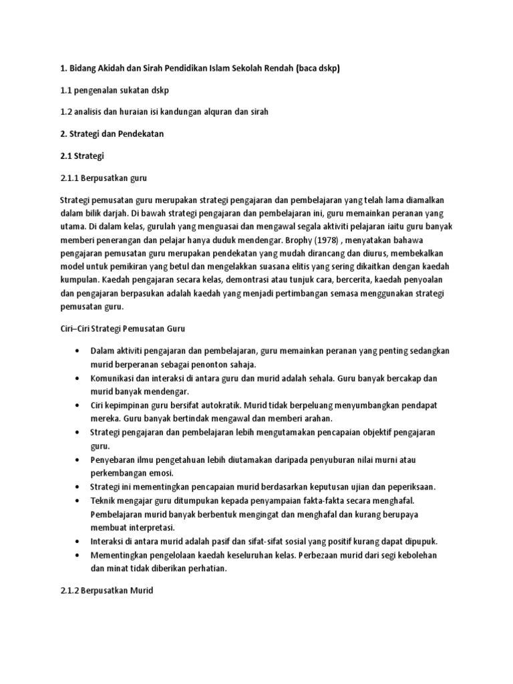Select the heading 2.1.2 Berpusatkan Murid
[107, 591]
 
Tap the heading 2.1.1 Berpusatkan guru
[104, 178]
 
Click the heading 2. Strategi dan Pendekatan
[112, 134]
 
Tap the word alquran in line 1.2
[209, 112]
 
